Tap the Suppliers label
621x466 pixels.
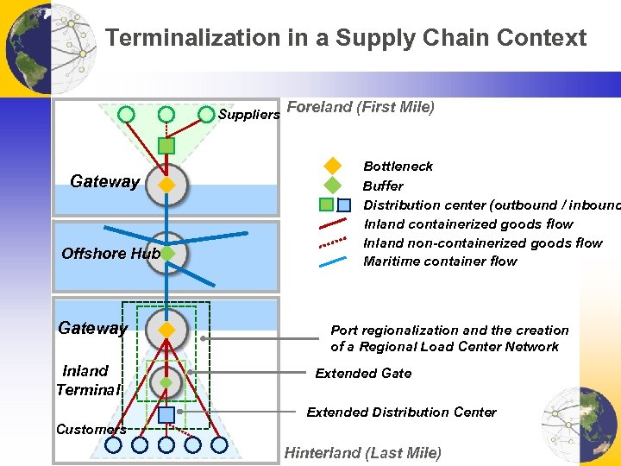[x=248, y=115]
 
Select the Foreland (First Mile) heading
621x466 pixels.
[x=360, y=107]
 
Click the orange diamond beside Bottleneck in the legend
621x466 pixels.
[x=333, y=166]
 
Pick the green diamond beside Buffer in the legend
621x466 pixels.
[x=333, y=185]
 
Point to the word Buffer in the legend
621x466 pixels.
[x=383, y=186]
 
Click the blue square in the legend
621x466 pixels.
[x=343, y=205]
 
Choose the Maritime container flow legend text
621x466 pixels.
[x=440, y=261]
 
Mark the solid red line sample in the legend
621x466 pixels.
[x=333, y=224]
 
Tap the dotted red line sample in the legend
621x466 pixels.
[x=333, y=243]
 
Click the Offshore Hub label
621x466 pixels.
[x=110, y=254]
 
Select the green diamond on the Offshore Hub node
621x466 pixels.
[x=167, y=254]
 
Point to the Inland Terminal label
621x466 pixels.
[x=86, y=381]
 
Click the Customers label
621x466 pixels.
[x=91, y=429]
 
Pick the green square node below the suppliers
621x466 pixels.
[x=166, y=146]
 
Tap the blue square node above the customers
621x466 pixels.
[x=166, y=413]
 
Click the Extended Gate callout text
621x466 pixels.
[x=363, y=374]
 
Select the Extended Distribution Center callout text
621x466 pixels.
[x=401, y=412]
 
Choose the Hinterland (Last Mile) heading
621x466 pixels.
[x=362, y=453]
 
